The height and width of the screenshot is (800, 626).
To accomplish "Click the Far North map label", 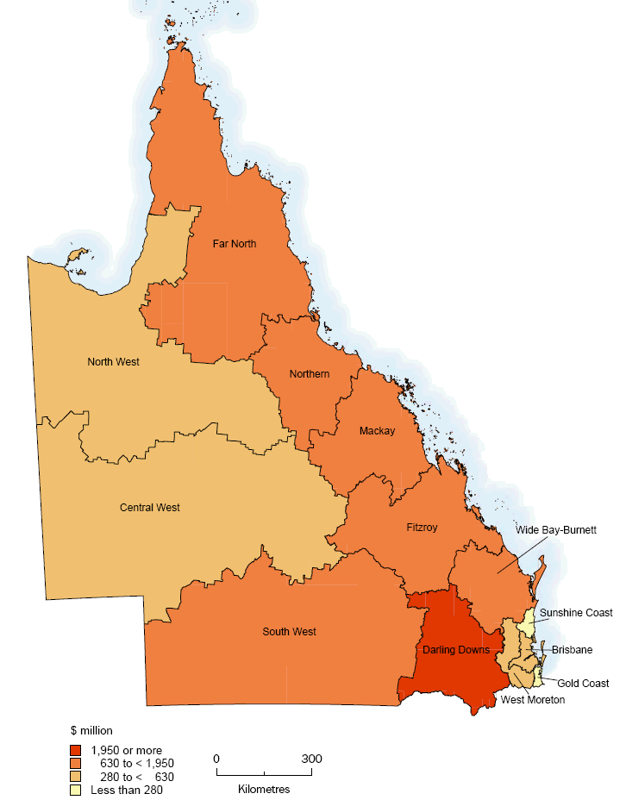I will coord(235,244).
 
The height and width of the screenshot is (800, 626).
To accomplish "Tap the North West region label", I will coord(113,362).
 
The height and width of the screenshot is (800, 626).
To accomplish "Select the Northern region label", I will coord(310,374).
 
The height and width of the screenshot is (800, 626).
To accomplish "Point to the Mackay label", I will coord(377,431).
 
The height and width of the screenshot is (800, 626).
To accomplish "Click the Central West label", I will coord(149,508).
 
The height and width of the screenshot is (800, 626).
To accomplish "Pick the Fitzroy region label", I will coord(424,526).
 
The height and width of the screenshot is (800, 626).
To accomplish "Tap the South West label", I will coord(289,632).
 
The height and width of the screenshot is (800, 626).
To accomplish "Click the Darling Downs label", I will coord(456,649).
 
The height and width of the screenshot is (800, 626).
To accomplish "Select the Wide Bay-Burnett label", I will coord(556,529).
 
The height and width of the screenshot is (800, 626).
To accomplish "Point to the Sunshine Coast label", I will coord(576,613).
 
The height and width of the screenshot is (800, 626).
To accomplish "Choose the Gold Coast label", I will coord(583,684).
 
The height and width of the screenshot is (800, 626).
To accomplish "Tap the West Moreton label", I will coord(533,700).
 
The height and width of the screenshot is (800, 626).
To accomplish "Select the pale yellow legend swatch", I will coord(77,788).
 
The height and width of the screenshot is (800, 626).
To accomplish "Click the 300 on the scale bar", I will coord(312,759).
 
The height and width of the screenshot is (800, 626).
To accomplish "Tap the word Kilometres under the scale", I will coord(264,789).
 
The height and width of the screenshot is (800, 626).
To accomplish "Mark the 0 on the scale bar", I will coord(216,759).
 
